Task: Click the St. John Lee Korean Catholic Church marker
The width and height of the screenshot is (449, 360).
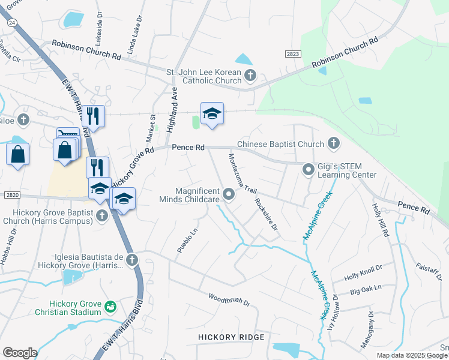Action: (251, 75)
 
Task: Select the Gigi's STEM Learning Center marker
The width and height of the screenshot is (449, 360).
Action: (308, 170)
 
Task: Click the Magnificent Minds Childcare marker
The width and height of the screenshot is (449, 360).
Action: (229, 193)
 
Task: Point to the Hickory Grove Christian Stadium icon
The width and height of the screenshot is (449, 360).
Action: (110, 307)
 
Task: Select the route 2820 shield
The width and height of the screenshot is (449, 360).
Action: (11, 196)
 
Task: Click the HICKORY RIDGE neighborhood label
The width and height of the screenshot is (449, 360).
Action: (231, 337)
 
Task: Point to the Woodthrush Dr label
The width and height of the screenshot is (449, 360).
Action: (229, 299)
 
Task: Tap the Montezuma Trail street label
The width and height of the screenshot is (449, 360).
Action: (241, 173)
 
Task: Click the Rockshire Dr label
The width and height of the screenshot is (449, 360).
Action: (266, 215)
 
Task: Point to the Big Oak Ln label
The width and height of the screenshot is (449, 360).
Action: (366, 289)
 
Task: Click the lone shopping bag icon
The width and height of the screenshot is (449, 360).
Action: (17, 154)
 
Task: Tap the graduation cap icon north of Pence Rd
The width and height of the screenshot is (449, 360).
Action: (212, 113)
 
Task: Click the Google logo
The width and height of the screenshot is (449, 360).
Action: (20, 353)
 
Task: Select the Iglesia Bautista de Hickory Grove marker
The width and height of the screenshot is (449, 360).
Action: (132, 260)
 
